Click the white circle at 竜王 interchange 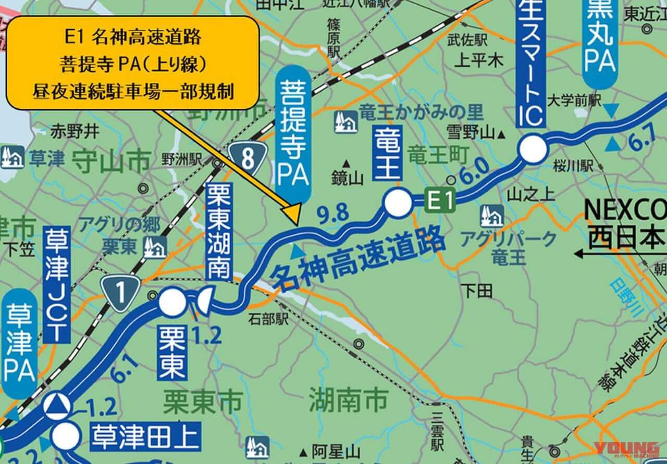pos(397,203)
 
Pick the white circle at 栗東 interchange pos(171,302)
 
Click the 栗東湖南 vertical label pos(217,229)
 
